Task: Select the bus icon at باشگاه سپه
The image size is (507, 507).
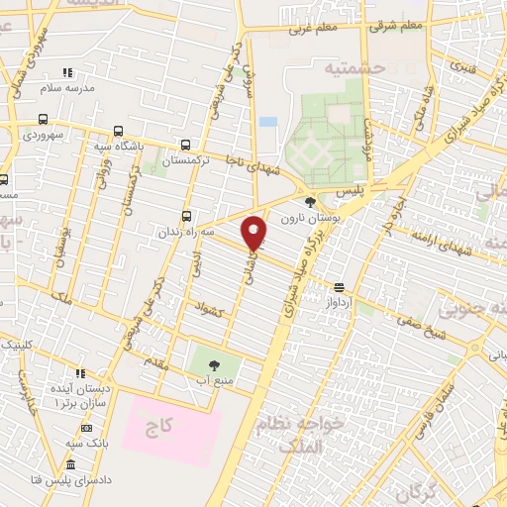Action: pyautogui.click(x=120, y=131)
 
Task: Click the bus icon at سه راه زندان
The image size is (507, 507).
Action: pyautogui.click(x=188, y=217)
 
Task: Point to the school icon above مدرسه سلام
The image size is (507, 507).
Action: pyautogui.click(x=67, y=73)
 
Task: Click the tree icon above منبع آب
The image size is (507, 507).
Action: pyautogui.click(x=215, y=365)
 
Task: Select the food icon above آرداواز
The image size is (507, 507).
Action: pyautogui.click(x=340, y=288)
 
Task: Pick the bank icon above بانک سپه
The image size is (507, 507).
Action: pyautogui.click(x=86, y=429)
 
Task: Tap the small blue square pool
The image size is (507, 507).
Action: pyautogui.click(x=267, y=122)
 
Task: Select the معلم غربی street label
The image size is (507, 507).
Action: pyautogui.click(x=314, y=29)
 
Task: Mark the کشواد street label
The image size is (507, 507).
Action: pyautogui.click(x=212, y=310)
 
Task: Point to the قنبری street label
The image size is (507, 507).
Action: pyautogui.click(x=463, y=67)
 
